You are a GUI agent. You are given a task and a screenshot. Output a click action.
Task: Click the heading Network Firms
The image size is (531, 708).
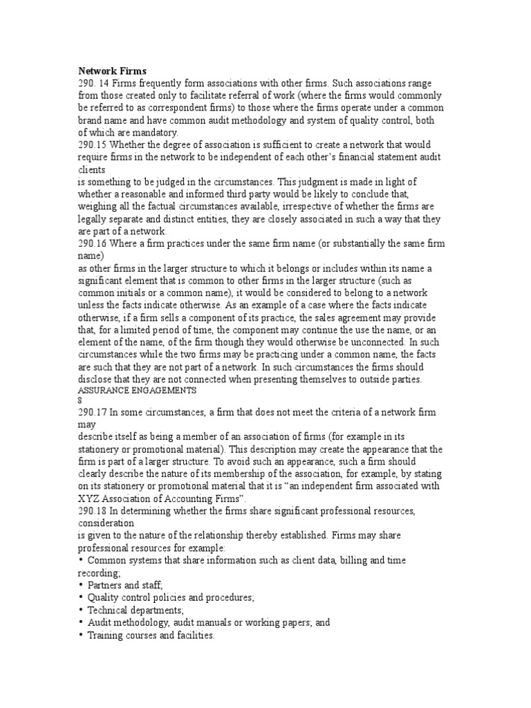tap(108, 70)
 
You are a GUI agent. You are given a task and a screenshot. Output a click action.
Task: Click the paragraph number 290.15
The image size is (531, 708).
tap(92, 145)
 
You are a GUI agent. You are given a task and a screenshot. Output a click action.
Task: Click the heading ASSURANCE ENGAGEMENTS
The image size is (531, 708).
tap(138, 391)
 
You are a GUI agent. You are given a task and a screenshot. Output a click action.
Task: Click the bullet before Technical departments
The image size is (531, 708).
tap(82, 610)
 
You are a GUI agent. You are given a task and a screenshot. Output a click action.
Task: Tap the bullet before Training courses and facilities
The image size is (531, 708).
tap(82, 635)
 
